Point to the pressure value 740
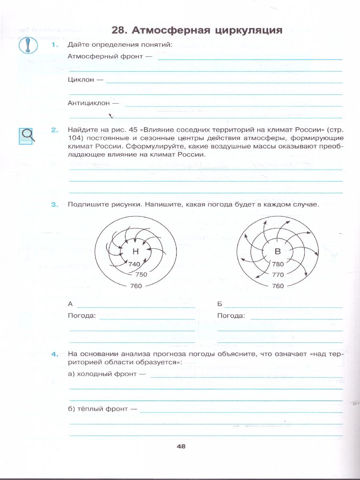[135, 264]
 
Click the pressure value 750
[141, 275]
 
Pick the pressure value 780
[278, 264]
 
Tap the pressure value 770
[278, 275]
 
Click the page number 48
[181, 447]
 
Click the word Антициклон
[88, 103]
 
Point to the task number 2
[55, 130]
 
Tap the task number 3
[55, 205]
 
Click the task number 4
[55, 354]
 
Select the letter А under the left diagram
[70, 304]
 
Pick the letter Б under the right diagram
[220, 304]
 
